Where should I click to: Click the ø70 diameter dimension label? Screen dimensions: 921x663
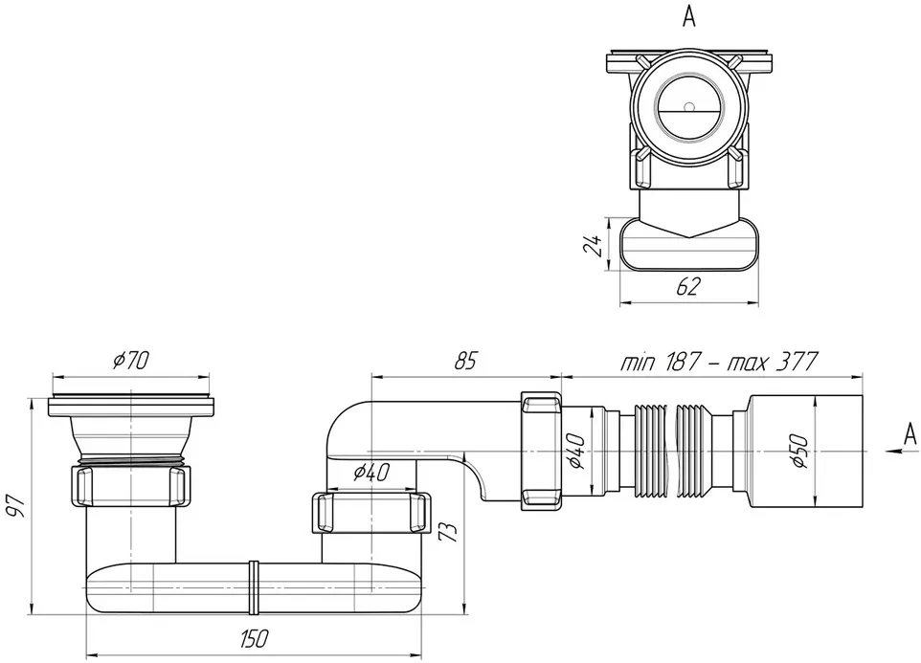click(x=132, y=361)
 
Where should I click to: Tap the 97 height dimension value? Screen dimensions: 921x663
click(x=17, y=505)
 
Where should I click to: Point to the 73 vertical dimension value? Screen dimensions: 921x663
click(x=448, y=532)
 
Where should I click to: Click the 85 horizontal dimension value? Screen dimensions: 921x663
click(x=466, y=361)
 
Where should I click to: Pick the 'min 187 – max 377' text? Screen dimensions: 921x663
click(x=719, y=362)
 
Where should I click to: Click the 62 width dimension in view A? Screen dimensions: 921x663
click(x=689, y=286)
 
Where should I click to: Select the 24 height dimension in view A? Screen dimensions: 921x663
click(x=593, y=245)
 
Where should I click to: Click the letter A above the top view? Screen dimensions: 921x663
click(x=689, y=17)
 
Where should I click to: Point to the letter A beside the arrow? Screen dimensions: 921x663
click(x=910, y=434)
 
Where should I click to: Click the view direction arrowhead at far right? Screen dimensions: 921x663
click(x=893, y=450)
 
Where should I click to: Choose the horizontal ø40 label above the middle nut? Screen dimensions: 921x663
click(x=371, y=472)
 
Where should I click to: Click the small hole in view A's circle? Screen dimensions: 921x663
click(x=689, y=107)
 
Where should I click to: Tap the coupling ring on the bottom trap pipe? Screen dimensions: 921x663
click(x=254, y=588)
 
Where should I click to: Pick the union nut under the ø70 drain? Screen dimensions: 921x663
click(x=131, y=485)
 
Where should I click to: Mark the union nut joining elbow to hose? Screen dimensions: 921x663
click(x=540, y=450)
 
